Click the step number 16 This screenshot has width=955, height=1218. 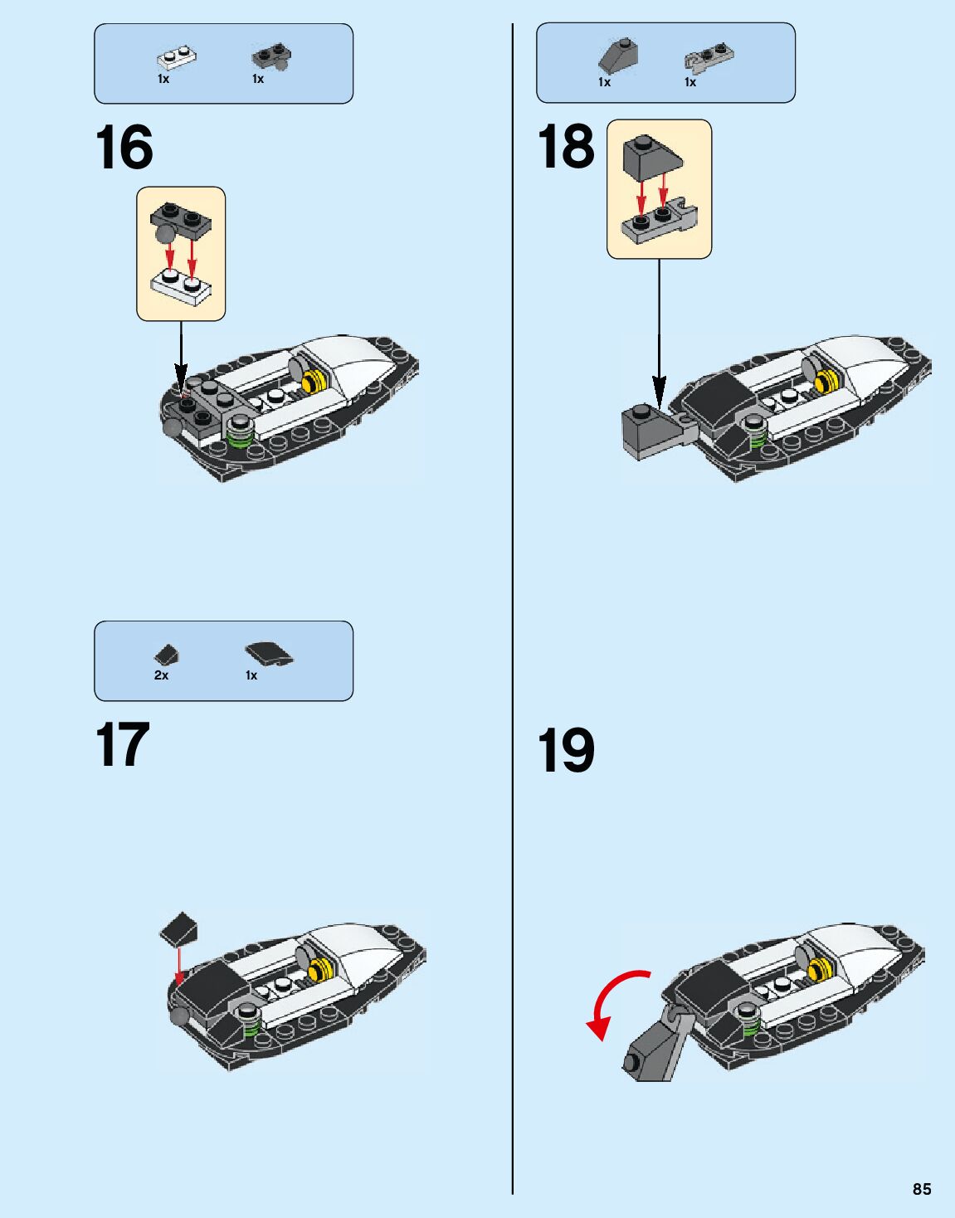(x=124, y=148)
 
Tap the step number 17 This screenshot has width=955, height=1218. (x=122, y=744)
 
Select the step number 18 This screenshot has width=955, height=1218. (x=566, y=147)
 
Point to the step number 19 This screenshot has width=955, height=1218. (x=566, y=750)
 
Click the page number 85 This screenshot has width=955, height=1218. (x=922, y=1189)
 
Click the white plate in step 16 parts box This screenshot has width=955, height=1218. (x=176, y=58)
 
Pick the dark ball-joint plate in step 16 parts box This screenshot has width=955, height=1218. (x=270, y=58)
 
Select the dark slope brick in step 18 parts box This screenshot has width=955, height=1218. (x=617, y=56)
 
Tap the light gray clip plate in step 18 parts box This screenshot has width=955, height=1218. (x=709, y=58)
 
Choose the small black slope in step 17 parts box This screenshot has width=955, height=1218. (x=167, y=655)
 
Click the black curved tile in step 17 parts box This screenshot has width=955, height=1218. (x=269, y=655)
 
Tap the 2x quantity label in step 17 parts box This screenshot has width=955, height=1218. (x=161, y=675)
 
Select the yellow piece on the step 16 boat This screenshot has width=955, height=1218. (x=314, y=382)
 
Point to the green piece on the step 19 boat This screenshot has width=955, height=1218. (x=751, y=1029)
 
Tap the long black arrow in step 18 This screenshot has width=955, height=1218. (x=659, y=332)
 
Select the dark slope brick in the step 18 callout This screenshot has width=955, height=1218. (x=650, y=157)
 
